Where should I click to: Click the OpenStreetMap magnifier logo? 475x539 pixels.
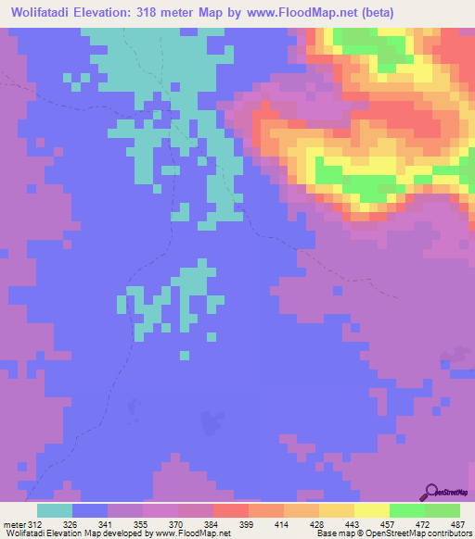(x=430, y=492)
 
